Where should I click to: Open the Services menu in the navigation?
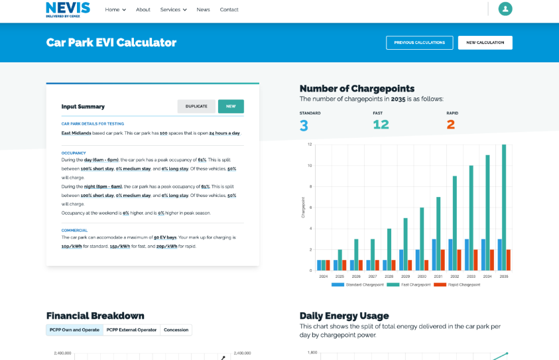click(x=173, y=9)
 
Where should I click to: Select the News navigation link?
click(x=203, y=9)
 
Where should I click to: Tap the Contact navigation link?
click(x=229, y=9)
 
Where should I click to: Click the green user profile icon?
click(x=505, y=9)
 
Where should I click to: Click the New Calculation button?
click(x=485, y=42)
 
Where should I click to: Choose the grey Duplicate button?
click(x=196, y=106)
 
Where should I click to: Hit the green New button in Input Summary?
click(x=231, y=106)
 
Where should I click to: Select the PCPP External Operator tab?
click(x=131, y=330)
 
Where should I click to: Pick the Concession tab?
click(x=176, y=330)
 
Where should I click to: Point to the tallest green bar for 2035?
click(x=504, y=206)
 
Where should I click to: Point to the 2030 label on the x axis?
click(x=422, y=276)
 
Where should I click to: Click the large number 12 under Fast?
click(x=381, y=125)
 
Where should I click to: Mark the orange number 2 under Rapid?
click(x=451, y=125)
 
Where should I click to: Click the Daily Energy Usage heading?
click(x=344, y=316)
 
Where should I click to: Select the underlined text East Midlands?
click(x=75, y=133)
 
